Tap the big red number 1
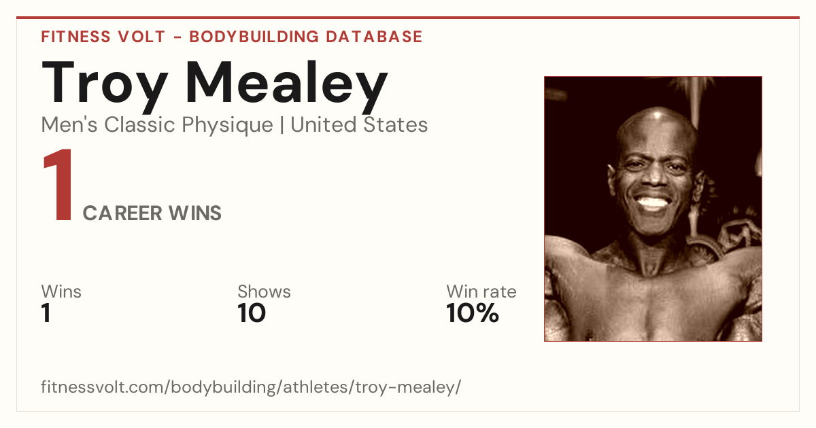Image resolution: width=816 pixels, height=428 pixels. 58,184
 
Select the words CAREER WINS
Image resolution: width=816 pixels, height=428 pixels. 152,213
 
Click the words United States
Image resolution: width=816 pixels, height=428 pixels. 359,124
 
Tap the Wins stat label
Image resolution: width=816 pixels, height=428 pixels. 61,291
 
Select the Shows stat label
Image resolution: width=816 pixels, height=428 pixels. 264,291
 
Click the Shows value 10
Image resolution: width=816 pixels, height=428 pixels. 252,313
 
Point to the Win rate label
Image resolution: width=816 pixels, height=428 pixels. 481,291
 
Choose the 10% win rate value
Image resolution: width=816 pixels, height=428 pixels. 473,313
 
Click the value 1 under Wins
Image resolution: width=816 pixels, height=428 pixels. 46,313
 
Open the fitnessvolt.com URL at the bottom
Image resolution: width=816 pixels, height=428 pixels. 251,387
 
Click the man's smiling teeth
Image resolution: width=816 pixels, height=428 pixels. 653,202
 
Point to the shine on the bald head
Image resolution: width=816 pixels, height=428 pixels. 658,115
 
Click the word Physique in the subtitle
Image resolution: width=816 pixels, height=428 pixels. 227,126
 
